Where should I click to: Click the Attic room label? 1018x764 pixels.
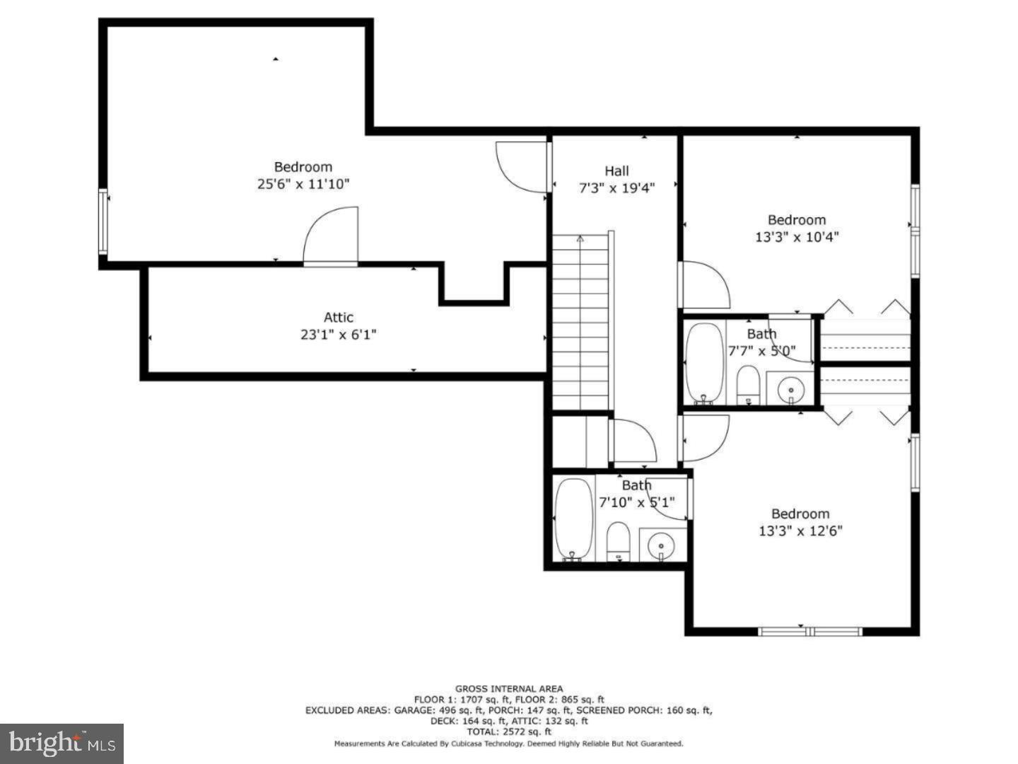[x=338, y=318]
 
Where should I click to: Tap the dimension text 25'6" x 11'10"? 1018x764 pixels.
[x=303, y=184]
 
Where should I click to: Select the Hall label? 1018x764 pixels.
[x=616, y=170]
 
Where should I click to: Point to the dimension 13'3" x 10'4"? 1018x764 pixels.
[x=797, y=237]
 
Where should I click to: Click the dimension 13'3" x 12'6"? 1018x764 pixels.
[x=800, y=531]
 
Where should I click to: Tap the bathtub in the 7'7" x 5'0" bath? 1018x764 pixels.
[x=704, y=364]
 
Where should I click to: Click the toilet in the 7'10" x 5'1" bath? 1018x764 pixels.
[x=619, y=541]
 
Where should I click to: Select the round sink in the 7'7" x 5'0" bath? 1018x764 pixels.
[x=790, y=389]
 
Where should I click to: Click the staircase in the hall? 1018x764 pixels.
[x=580, y=322]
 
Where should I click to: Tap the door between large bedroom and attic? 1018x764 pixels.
[x=331, y=238]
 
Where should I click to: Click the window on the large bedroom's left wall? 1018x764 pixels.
[x=103, y=221]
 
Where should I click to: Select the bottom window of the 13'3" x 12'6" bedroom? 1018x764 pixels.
[x=809, y=631]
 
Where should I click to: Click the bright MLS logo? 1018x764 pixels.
[x=62, y=743]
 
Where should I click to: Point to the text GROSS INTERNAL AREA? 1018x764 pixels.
[x=509, y=688]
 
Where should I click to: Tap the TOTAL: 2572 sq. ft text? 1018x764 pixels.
[x=509, y=732]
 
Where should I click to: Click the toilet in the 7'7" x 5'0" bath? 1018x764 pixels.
[x=747, y=386]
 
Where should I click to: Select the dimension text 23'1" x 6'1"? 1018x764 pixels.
[x=338, y=335]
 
